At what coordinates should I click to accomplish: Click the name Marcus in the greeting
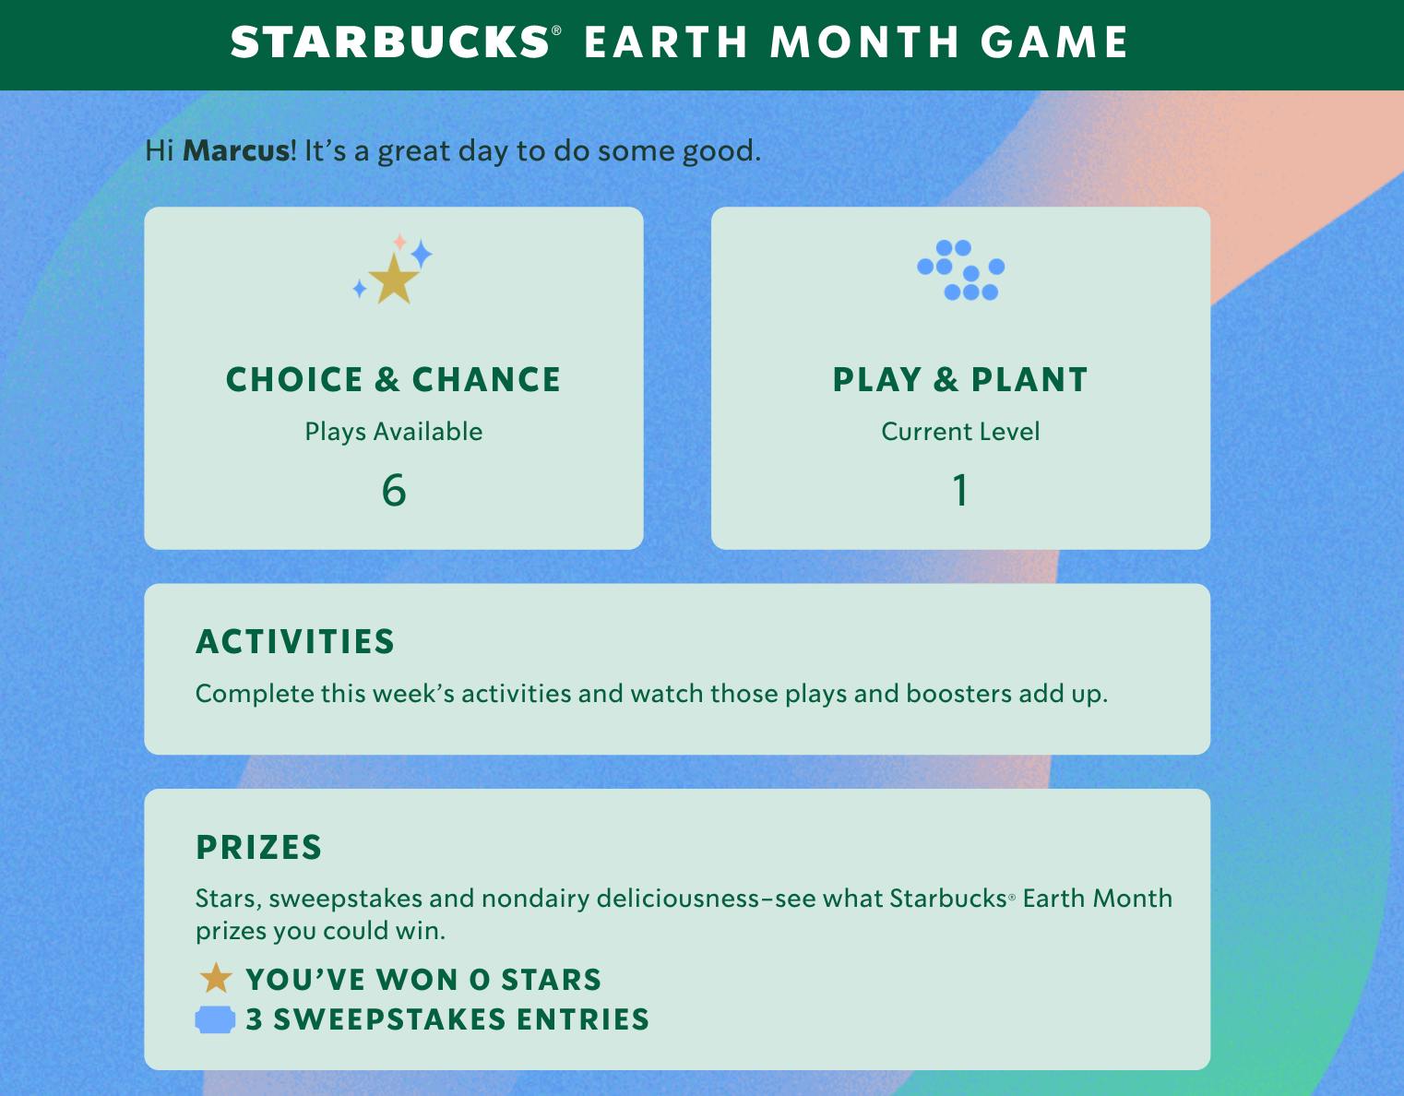pyautogui.click(x=236, y=150)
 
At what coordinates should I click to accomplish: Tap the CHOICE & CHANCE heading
pyautogui.click(x=393, y=380)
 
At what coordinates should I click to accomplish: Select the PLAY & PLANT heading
pyautogui.click(x=960, y=380)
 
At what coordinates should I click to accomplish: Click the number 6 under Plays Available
pyautogui.click(x=394, y=490)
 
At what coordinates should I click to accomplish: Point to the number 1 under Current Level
pyautogui.click(x=960, y=490)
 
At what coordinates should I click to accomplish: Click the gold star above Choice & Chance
pyautogui.click(x=394, y=280)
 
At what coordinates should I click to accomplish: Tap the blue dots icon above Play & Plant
pyautogui.click(x=961, y=270)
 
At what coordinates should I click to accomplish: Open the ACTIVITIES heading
pyautogui.click(x=295, y=642)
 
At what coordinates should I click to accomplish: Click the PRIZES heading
pyautogui.click(x=259, y=848)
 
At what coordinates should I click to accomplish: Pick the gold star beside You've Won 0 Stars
pyautogui.click(x=216, y=979)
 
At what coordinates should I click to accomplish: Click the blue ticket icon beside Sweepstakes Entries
pyautogui.click(x=215, y=1019)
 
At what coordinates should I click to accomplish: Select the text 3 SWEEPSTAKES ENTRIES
pyautogui.click(x=447, y=1019)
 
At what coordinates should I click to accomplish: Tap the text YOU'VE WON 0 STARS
pyautogui.click(x=423, y=980)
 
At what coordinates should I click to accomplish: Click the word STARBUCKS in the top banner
pyautogui.click(x=389, y=43)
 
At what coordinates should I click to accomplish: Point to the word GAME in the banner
pyautogui.click(x=1054, y=43)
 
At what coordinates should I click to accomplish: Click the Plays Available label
pyautogui.click(x=394, y=432)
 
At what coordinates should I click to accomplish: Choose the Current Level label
pyautogui.click(x=960, y=432)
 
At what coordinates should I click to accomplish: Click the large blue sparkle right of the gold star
pyautogui.click(x=421, y=254)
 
